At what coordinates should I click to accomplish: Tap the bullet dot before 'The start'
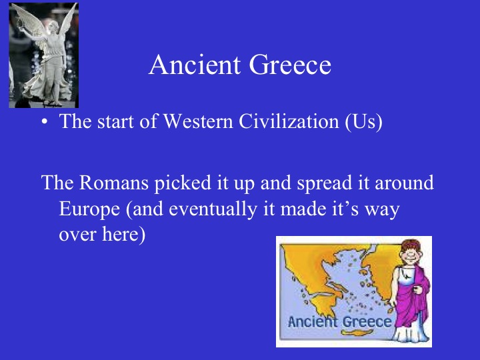(x=45, y=124)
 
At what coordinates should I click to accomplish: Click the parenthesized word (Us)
(x=363, y=124)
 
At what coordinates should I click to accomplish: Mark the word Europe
(x=90, y=209)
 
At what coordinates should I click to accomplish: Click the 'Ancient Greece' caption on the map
(x=340, y=321)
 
